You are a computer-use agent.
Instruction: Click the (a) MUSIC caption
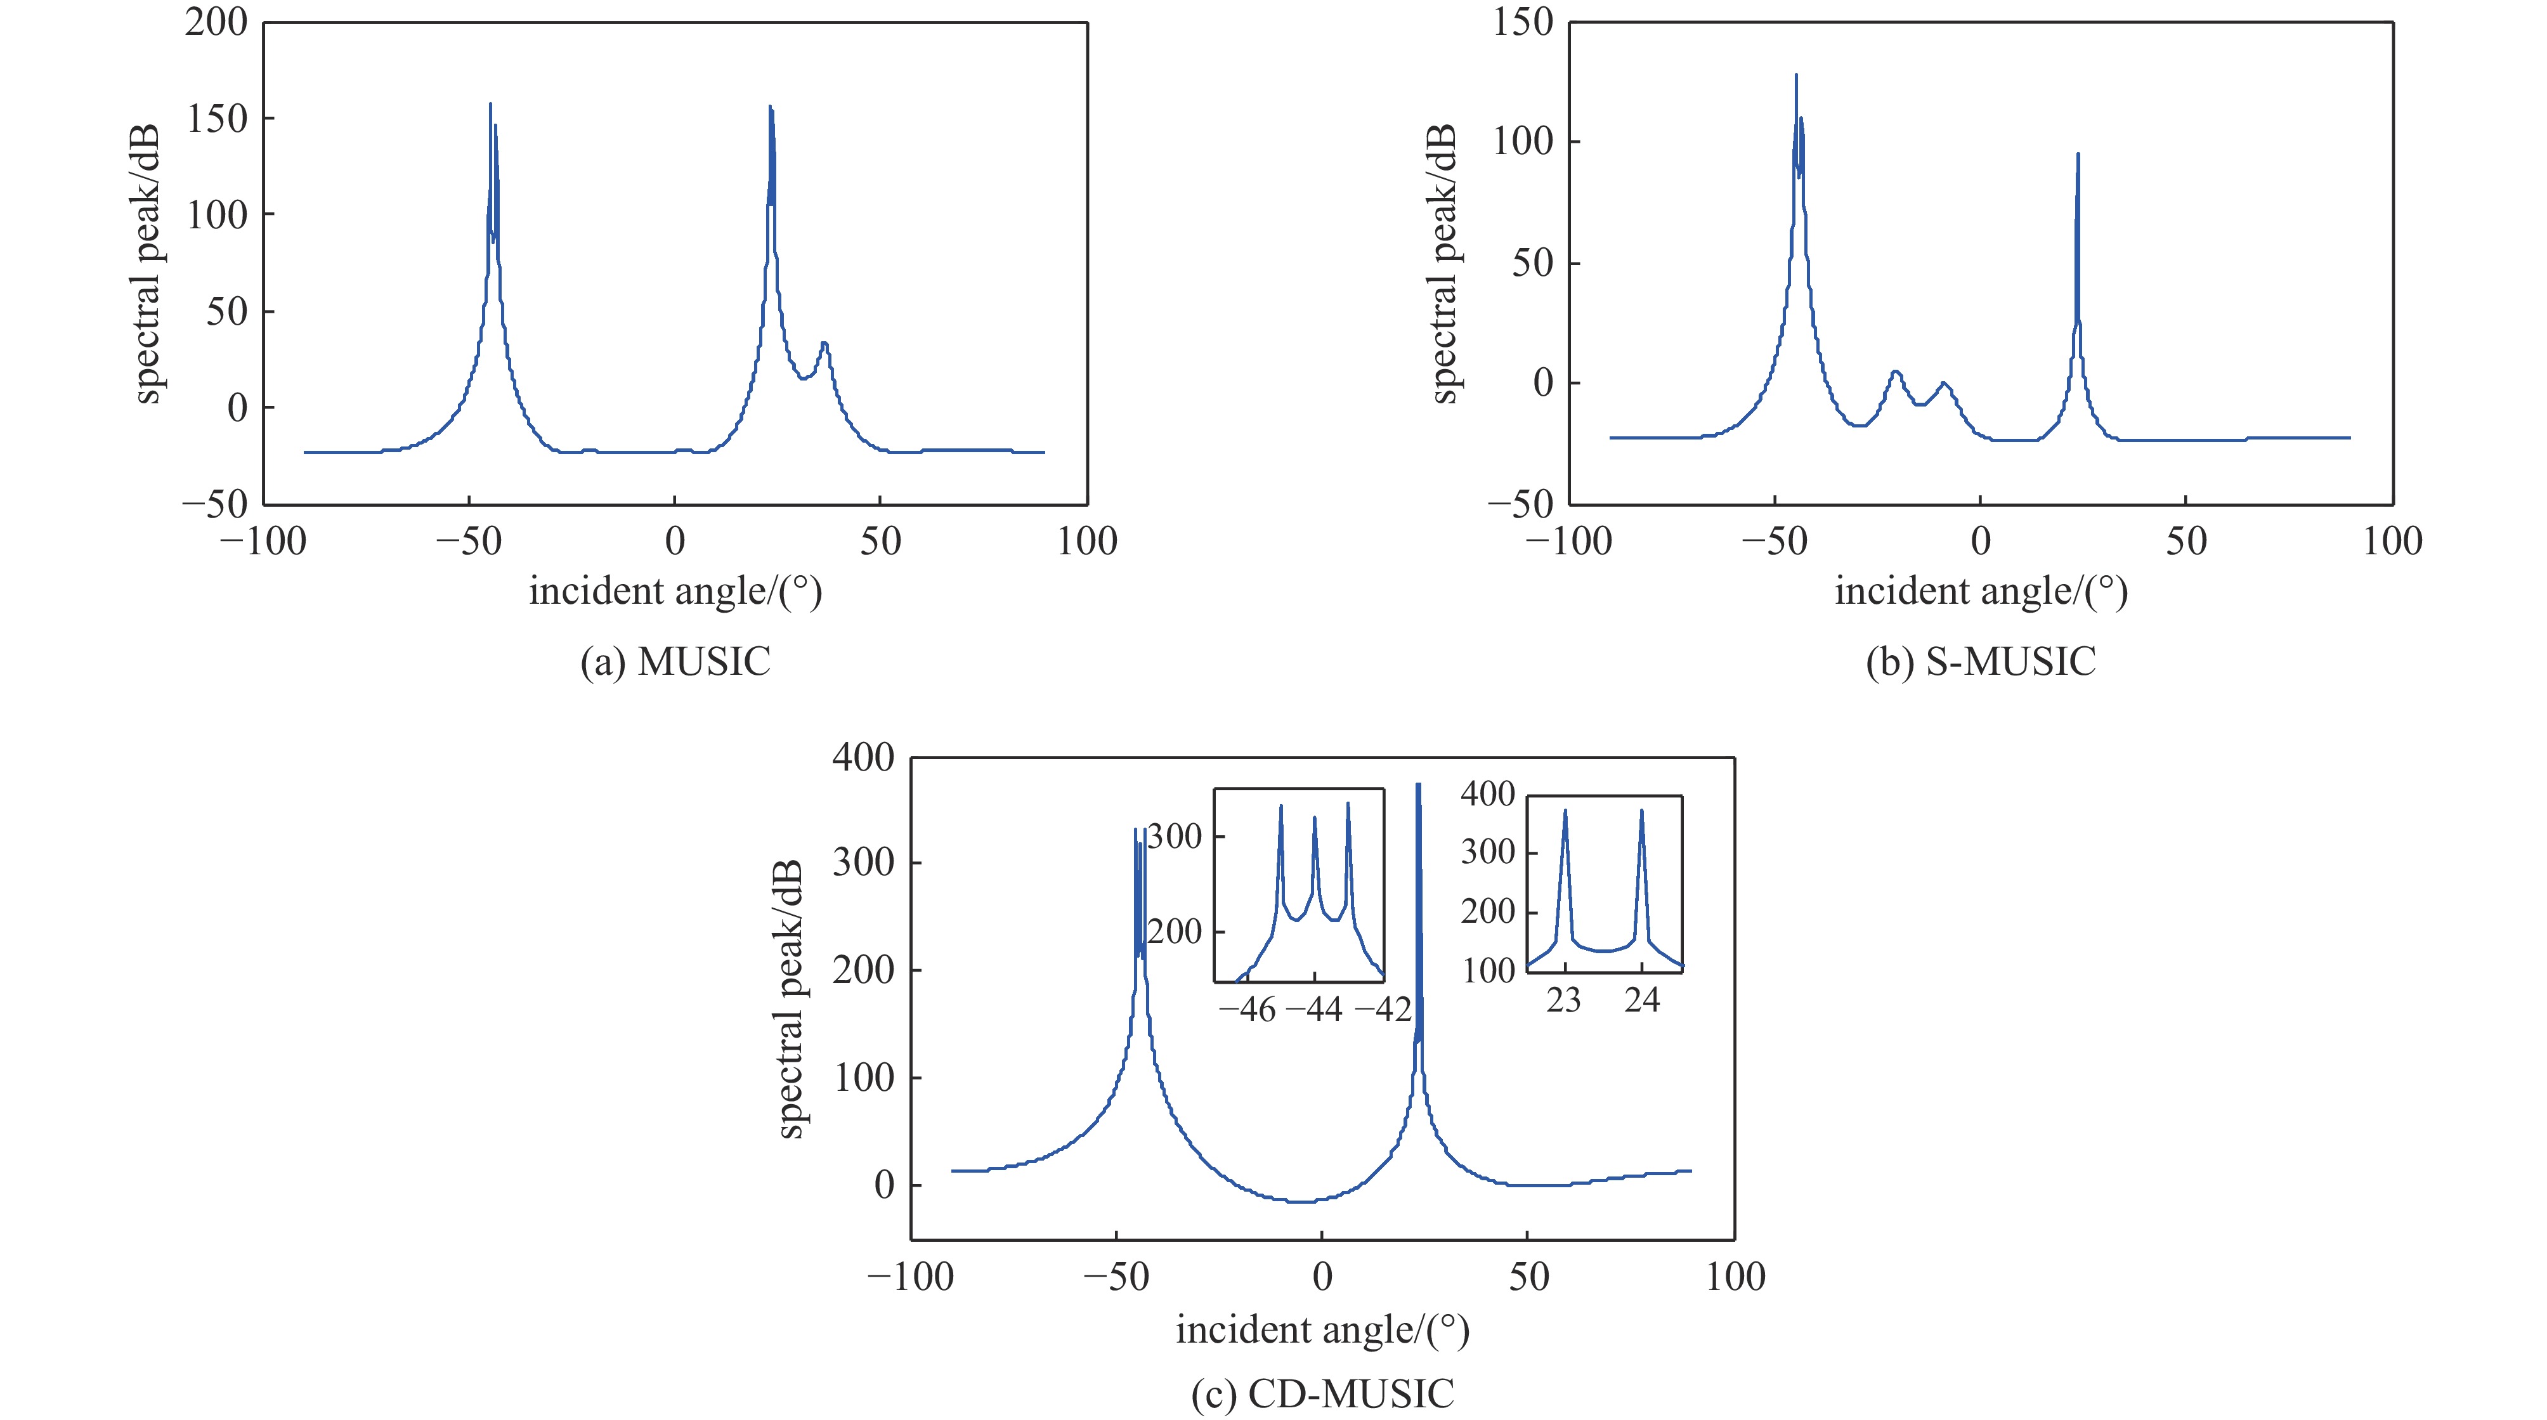(675, 661)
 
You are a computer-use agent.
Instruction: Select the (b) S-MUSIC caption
(1981, 661)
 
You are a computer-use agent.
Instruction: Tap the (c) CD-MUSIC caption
(1322, 1393)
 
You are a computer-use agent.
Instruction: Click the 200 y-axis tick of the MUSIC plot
(216, 22)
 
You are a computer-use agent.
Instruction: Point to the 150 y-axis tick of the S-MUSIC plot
(1523, 22)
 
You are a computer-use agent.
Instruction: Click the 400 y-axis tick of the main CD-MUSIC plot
(863, 759)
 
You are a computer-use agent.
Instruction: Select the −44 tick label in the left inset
(1314, 1010)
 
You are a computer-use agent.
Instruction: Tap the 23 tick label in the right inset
(1563, 1001)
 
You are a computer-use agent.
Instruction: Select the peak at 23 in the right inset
(1564, 812)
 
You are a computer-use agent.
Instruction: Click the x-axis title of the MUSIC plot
(675, 591)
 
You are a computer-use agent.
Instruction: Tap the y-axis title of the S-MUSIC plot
(1445, 264)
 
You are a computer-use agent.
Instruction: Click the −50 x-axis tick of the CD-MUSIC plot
(1116, 1277)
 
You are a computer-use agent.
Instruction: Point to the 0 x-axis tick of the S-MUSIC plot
(1981, 541)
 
